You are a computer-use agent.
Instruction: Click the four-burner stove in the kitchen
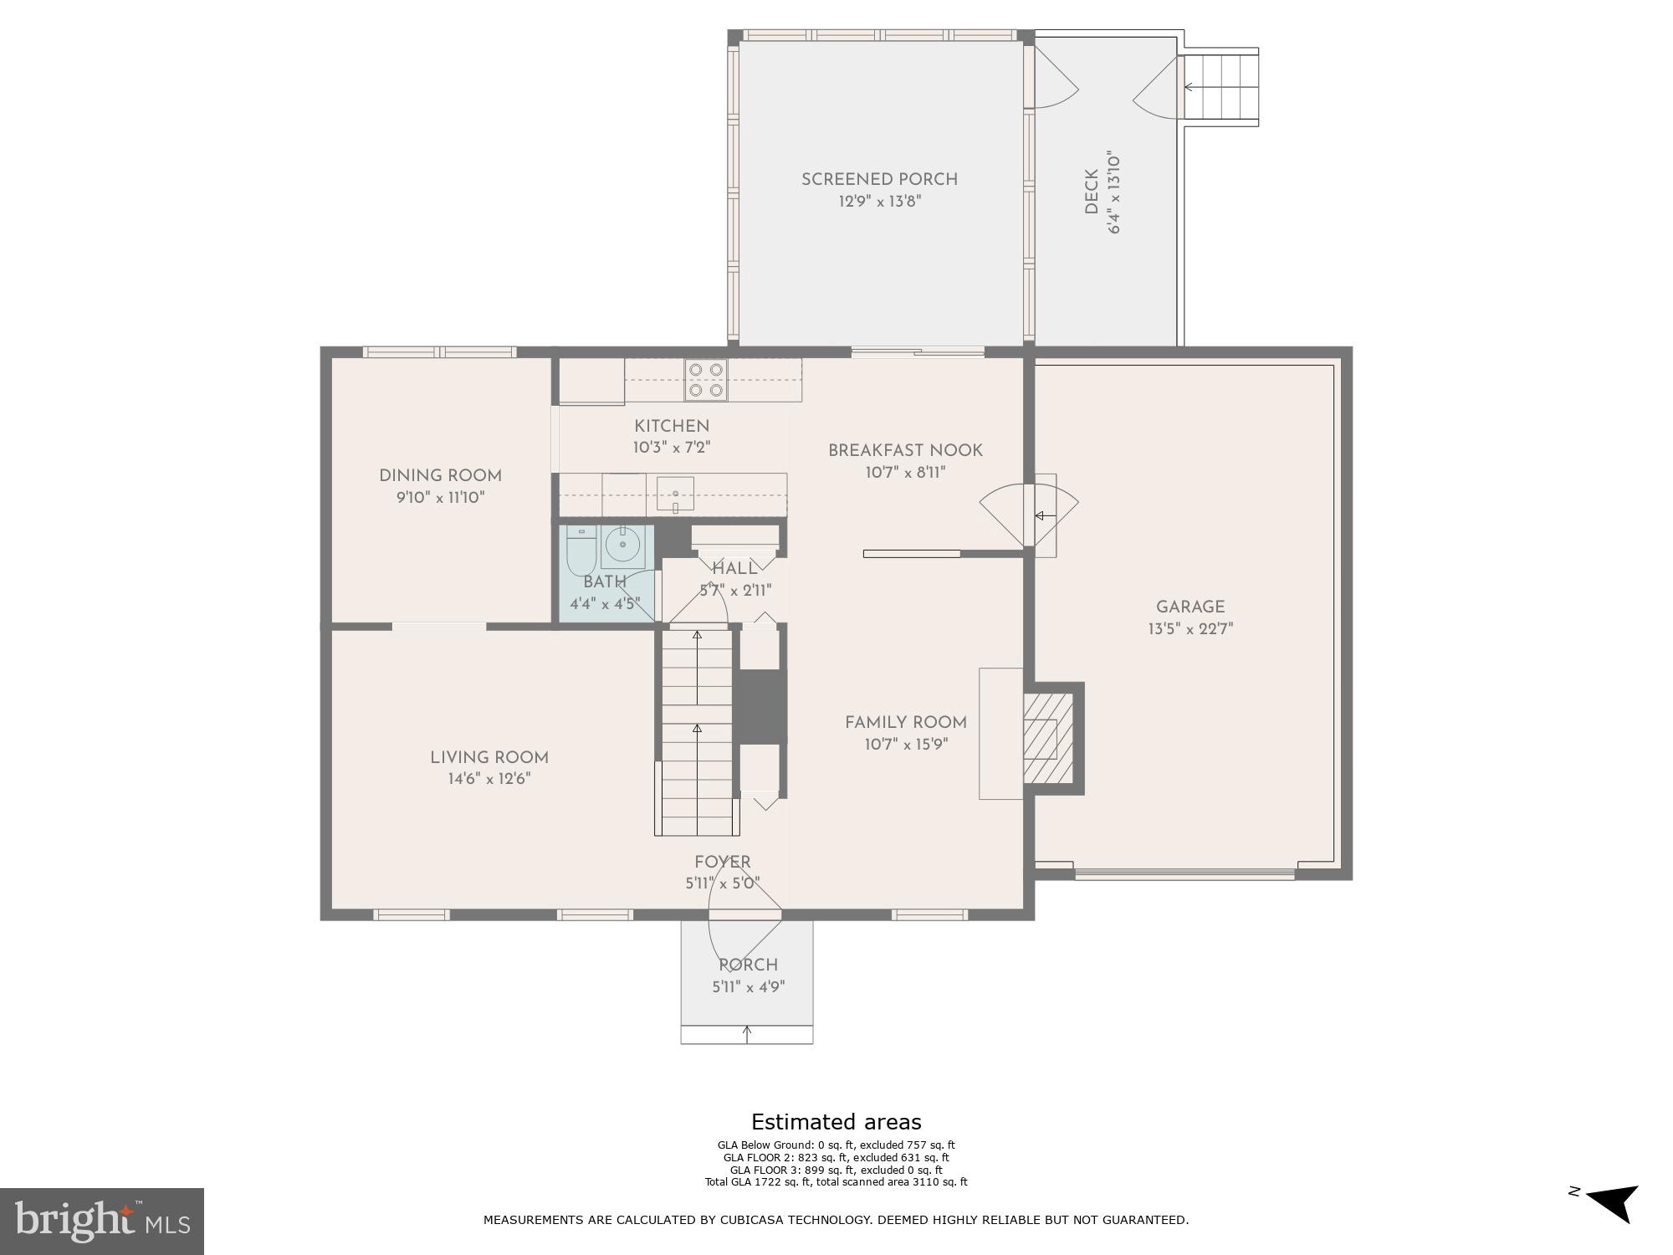tap(706, 379)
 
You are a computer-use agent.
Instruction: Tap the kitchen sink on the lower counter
tap(675, 494)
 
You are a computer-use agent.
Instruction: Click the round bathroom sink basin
tap(622, 546)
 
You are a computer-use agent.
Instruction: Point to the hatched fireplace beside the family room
tap(1048, 738)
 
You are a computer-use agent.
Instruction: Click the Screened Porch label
tap(879, 179)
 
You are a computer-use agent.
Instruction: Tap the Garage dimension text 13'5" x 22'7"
tap(1190, 629)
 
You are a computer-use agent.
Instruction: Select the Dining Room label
tap(440, 475)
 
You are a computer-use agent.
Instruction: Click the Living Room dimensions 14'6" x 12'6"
tap(489, 779)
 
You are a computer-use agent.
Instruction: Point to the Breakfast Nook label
tap(905, 450)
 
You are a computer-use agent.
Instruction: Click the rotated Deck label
tap(1092, 192)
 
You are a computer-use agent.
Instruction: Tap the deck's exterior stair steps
tap(1222, 87)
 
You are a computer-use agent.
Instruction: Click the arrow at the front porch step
tap(747, 1034)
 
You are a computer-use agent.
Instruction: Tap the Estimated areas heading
tap(836, 1122)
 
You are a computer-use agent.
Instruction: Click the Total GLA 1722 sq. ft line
tap(836, 1182)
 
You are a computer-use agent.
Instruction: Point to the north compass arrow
tap(1613, 1203)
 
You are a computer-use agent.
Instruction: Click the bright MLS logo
tap(102, 1221)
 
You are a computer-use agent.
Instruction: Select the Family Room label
tap(905, 722)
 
